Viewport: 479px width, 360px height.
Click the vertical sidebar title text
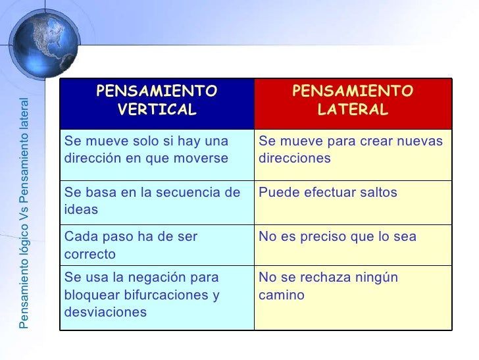click(24, 214)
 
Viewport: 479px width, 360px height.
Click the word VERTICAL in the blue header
click(157, 109)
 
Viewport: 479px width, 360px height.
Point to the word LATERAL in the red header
click(353, 109)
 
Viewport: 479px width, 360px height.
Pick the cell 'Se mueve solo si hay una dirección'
click(157, 150)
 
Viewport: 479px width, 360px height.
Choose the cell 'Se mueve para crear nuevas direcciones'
click(353, 150)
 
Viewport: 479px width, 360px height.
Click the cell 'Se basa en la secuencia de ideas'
click(157, 201)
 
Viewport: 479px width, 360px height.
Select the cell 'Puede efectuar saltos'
click(353, 201)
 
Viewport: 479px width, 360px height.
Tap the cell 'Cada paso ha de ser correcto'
click(157, 244)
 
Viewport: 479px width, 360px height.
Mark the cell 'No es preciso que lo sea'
click(353, 244)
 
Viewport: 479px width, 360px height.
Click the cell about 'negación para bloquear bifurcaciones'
click(157, 295)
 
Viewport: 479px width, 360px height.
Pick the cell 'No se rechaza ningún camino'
click(353, 295)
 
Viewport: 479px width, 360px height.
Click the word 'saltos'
click(376, 193)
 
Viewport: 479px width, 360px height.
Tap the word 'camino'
click(282, 296)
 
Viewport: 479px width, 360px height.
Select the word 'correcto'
click(89, 253)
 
